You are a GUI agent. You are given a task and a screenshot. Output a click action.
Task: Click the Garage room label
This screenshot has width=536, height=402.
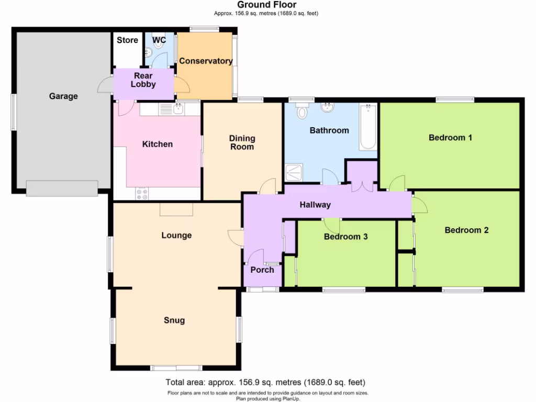click(63, 96)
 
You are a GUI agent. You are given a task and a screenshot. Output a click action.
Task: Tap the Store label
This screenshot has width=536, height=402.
click(127, 40)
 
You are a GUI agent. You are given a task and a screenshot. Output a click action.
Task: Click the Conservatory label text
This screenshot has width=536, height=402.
click(206, 61)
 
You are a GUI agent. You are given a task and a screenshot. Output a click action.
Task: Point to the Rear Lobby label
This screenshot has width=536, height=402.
click(143, 80)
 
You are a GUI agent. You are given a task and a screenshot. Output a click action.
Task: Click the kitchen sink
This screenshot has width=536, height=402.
click(178, 108)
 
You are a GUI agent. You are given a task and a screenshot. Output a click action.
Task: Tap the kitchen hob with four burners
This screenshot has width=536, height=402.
click(142, 194)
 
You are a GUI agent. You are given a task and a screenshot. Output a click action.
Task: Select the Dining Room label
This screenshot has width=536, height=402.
click(242, 142)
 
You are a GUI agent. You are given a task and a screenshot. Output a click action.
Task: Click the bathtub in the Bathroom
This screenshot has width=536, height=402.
click(368, 127)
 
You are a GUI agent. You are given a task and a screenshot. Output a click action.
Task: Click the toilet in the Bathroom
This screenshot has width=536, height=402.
click(302, 111)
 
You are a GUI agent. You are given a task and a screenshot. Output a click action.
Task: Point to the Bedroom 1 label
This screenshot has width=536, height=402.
click(450, 138)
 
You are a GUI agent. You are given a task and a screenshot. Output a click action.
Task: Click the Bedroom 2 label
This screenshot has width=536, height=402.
click(466, 230)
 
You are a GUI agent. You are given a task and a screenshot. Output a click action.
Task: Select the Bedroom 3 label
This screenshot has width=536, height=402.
click(345, 237)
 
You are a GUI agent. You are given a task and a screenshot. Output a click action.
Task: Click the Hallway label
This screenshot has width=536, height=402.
click(315, 205)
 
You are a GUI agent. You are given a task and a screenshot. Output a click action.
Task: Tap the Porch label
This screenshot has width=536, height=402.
click(262, 270)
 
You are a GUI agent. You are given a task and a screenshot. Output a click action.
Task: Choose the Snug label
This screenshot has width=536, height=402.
click(174, 320)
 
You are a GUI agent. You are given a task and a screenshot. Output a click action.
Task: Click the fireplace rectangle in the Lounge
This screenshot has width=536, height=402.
click(176, 209)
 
